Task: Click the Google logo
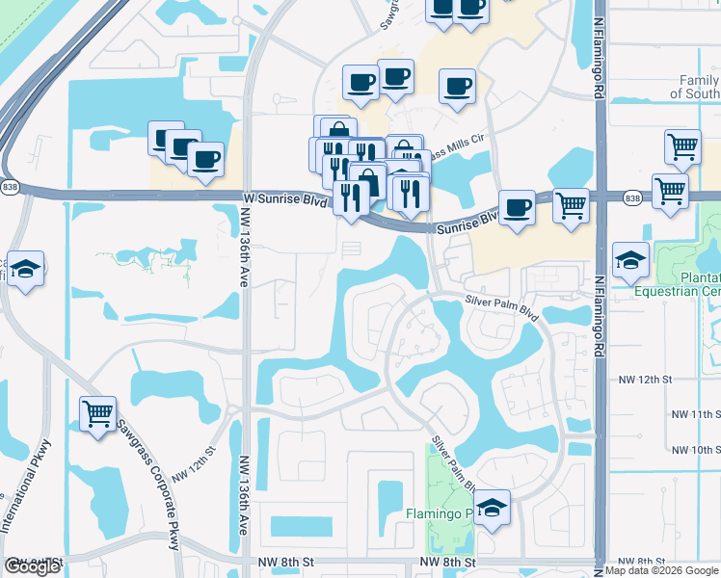point(32,566)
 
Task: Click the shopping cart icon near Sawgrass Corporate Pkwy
point(97,414)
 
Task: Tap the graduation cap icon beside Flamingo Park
point(493,510)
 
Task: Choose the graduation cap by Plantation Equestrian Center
point(630,260)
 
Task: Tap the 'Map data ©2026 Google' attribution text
point(661,570)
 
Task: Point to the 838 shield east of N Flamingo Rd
point(631,198)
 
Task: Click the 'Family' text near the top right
point(699,81)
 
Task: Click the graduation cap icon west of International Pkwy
point(27,268)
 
